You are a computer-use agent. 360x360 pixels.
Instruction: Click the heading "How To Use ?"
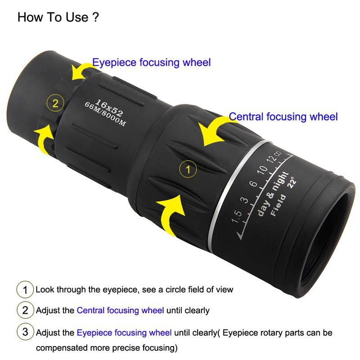(58, 18)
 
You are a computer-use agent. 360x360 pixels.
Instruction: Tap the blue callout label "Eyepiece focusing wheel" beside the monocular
(151, 63)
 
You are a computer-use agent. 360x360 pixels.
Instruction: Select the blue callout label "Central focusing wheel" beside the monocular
(283, 117)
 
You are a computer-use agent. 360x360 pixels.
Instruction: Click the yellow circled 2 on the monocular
(55, 103)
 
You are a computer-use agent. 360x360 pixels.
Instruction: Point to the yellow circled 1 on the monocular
(188, 170)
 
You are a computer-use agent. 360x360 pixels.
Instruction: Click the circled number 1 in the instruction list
(25, 289)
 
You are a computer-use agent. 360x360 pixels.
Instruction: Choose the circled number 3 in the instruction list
(25, 333)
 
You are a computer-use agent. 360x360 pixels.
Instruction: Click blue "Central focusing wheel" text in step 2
(121, 310)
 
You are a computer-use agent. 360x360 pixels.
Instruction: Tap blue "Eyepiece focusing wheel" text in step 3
(124, 333)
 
